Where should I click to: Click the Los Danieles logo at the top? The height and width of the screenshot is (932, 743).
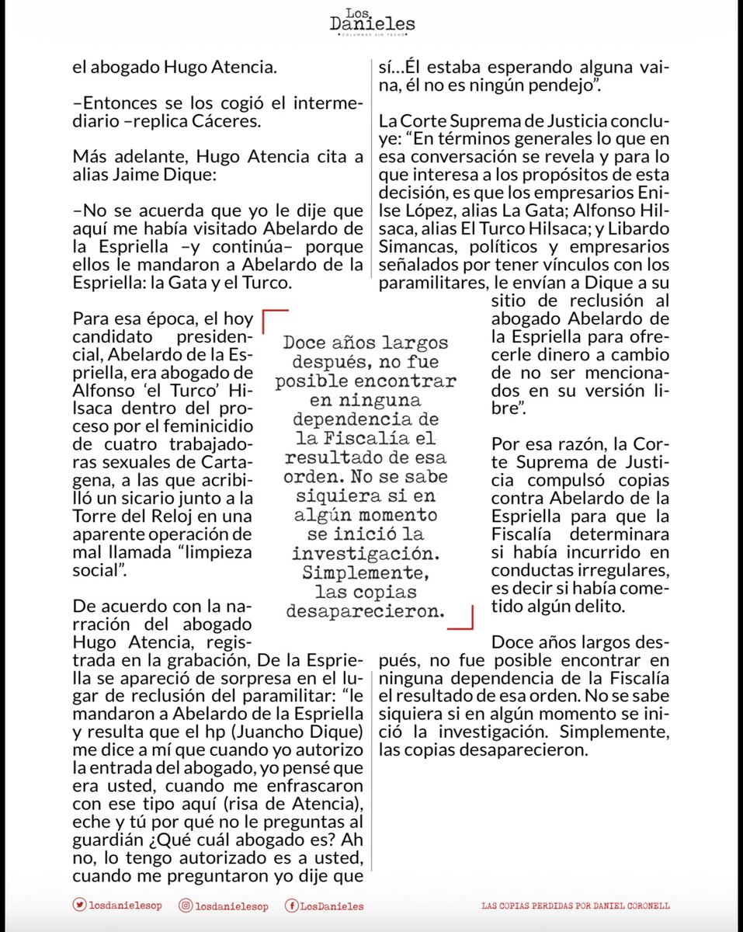click(371, 21)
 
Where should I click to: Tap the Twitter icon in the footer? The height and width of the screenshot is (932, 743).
click(79, 905)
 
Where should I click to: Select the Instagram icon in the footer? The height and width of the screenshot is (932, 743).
click(186, 905)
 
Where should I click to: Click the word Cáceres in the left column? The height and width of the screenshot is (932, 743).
click(239, 122)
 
